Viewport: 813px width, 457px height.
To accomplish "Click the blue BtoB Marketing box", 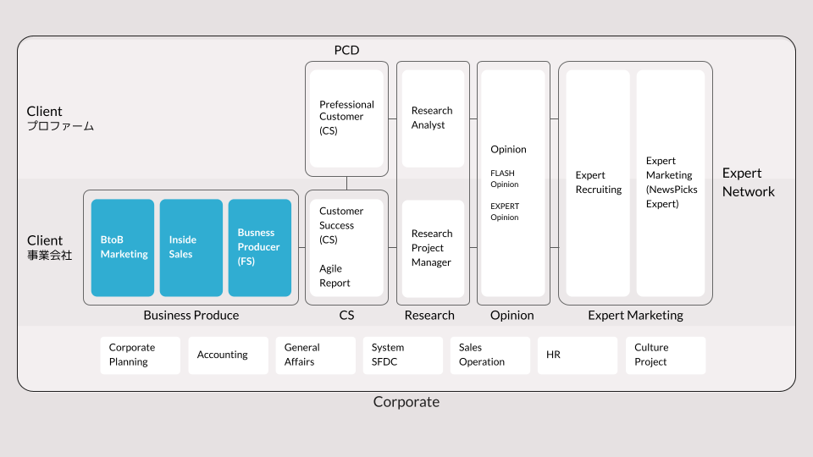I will [123, 247].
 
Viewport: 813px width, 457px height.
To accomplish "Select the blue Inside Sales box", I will [191, 247].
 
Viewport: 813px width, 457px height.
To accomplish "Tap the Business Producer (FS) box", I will [259, 247].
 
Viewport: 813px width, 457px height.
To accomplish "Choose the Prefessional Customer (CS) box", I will [346, 118].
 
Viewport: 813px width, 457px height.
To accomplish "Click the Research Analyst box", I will [432, 118].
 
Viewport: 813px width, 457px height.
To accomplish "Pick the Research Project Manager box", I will [432, 248].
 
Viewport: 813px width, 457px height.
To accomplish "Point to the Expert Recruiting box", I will [598, 183].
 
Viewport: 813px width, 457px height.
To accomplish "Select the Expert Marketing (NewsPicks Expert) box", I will [671, 183].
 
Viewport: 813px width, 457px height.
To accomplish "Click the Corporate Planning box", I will [140, 355].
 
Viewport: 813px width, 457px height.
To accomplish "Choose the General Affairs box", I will [315, 355].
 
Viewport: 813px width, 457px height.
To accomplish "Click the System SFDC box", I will [402, 355].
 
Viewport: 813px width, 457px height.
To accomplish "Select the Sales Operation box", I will [490, 355].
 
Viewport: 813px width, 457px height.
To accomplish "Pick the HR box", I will [577, 355].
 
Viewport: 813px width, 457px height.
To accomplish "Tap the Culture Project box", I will [665, 355].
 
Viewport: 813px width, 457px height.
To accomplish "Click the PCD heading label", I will [346, 50].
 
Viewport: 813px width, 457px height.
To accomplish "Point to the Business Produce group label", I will [191, 315].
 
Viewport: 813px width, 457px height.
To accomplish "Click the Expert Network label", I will [748, 182].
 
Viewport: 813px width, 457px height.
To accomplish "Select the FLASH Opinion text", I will [504, 179].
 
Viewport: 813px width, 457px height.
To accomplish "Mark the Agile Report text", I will [335, 276].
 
